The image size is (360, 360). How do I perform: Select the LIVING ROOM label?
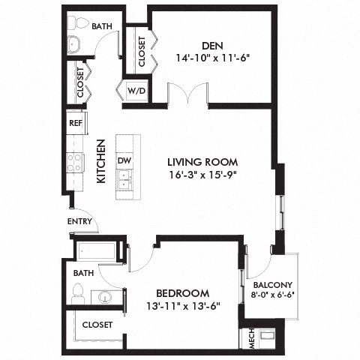[x=202, y=161]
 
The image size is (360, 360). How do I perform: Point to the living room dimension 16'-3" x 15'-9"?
[x=202, y=175]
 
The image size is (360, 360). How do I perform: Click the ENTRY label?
[x=79, y=221]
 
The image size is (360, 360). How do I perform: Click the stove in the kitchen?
[x=75, y=162]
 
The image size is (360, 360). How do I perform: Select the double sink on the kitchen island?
[x=124, y=181]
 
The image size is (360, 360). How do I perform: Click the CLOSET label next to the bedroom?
[x=97, y=325]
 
